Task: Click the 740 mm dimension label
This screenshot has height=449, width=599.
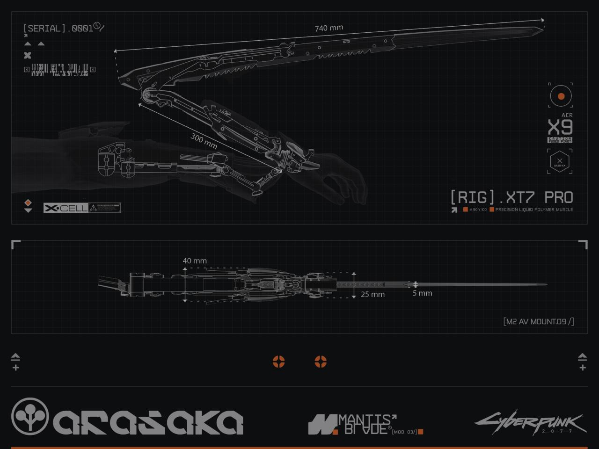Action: pos(329,28)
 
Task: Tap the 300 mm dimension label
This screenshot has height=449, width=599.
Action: pos(204,141)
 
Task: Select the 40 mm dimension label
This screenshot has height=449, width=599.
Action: pos(195,261)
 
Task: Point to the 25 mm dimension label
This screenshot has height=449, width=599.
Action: pos(373,294)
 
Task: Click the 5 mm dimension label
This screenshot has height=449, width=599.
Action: pos(422,293)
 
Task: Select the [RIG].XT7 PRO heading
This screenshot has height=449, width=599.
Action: pos(511,197)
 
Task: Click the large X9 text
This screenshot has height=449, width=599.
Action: pos(560,127)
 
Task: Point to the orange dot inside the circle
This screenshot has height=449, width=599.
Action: pos(561,96)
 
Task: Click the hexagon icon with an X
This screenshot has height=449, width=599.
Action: pos(560,162)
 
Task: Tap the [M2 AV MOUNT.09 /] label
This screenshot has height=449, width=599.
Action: pos(539,321)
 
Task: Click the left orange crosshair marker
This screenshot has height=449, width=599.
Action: pos(278,362)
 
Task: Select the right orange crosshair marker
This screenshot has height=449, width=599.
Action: pos(321,362)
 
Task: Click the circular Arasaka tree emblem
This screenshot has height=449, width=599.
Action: pos(30,416)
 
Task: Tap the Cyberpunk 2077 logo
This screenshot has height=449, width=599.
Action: pos(530,422)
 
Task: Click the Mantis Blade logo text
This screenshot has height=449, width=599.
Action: pos(365,424)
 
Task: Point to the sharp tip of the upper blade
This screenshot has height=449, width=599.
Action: pos(543,29)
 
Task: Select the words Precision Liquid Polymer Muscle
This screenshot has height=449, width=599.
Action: pos(534,210)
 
